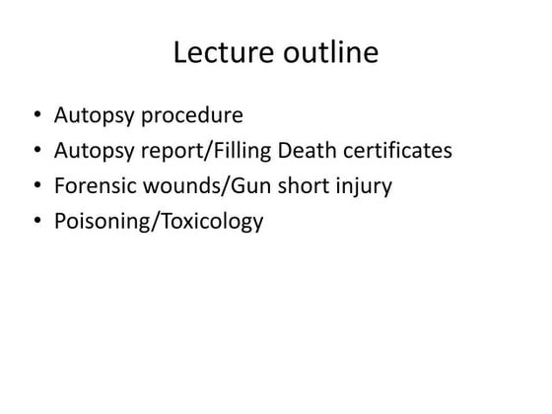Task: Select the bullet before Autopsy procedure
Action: point(37,117)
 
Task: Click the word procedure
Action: point(190,116)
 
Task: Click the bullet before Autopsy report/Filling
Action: point(37,152)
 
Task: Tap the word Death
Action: point(318,151)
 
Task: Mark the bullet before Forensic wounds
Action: point(37,186)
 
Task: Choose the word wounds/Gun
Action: point(209,186)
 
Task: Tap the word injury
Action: point(365,186)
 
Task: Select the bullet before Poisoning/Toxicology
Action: point(37,221)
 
